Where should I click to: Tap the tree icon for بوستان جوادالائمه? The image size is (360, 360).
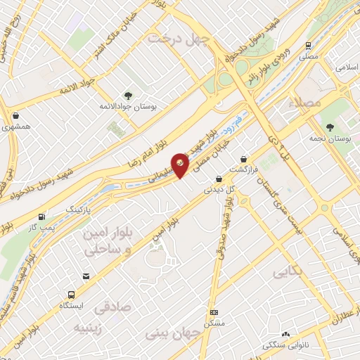[x=127, y=96]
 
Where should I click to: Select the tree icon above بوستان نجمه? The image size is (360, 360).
[x=330, y=127]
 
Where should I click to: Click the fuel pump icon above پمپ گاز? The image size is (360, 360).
[x=43, y=217]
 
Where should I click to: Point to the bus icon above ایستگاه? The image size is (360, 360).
[x=71, y=295]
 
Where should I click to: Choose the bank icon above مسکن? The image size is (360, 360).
[x=214, y=312]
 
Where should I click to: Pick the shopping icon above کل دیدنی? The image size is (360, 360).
[x=219, y=179]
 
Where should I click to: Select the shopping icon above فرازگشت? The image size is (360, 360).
[x=244, y=159]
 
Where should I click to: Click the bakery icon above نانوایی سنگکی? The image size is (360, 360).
[x=285, y=335]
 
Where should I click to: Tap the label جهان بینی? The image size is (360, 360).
[x=171, y=330]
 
